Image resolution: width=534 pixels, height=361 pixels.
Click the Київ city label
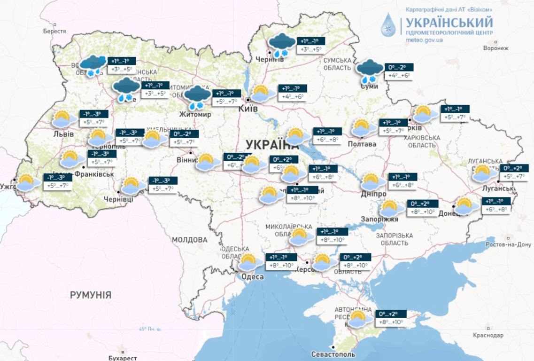(248, 109)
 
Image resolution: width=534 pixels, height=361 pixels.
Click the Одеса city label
(252, 277)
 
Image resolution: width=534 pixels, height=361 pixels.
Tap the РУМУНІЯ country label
(91, 295)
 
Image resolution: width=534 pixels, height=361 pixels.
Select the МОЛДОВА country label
(189, 240)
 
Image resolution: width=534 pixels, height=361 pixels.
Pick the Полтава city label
(362, 144)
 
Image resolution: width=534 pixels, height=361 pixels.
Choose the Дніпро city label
(374, 194)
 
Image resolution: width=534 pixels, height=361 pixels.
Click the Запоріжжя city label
(379, 219)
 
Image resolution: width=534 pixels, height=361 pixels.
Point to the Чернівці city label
(118, 199)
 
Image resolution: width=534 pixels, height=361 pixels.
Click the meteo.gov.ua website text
(424, 40)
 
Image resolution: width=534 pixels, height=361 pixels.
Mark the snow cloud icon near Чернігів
(281, 45)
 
